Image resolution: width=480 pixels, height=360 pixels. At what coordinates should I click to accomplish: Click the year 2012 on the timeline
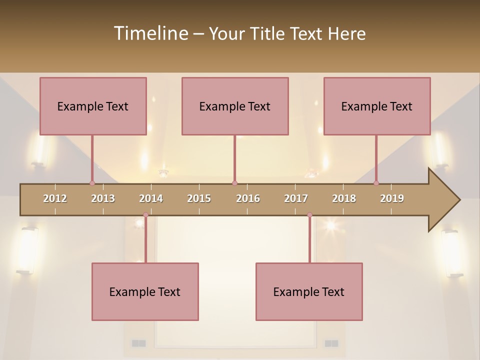(x=55, y=198)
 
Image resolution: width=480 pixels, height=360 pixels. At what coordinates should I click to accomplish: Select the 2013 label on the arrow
(x=103, y=198)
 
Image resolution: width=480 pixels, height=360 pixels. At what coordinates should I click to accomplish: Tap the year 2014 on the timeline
(x=151, y=198)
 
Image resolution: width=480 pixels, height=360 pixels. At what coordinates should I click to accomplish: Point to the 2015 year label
(x=199, y=198)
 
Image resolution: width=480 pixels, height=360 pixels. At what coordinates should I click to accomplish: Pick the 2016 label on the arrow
(x=248, y=198)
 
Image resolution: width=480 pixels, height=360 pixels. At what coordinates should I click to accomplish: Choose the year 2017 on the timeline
(x=296, y=198)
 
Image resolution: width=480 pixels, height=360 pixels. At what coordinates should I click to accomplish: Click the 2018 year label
(x=344, y=198)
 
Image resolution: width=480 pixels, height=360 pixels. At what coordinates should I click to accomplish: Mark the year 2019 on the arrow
(x=392, y=198)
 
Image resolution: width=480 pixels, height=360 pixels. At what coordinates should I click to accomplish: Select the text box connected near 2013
(x=93, y=106)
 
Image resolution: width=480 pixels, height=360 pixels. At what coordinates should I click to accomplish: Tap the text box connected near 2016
(x=235, y=106)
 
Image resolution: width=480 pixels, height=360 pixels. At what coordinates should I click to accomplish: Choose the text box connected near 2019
(x=377, y=106)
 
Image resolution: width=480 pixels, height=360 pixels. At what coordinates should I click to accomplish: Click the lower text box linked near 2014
(x=145, y=291)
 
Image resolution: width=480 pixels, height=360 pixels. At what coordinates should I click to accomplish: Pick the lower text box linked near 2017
(x=309, y=291)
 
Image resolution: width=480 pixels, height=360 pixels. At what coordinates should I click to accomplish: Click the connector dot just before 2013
(x=92, y=183)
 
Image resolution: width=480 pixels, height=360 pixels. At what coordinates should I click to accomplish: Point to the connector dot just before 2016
(x=234, y=183)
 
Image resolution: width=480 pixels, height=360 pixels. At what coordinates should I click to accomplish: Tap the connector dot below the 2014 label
(x=145, y=215)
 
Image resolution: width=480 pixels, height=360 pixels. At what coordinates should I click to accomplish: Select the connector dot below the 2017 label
(x=309, y=215)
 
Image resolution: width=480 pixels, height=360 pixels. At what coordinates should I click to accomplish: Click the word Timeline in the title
(x=150, y=33)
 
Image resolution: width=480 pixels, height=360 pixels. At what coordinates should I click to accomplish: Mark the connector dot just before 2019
(x=376, y=183)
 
